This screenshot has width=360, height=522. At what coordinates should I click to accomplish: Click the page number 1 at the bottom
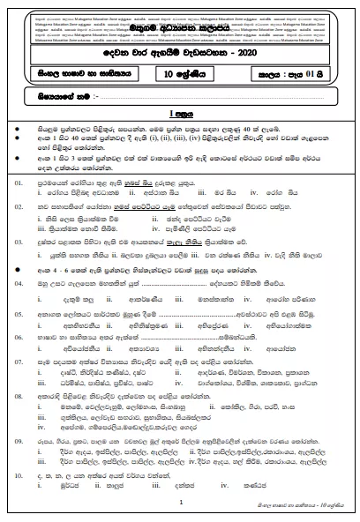pos(180,501)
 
